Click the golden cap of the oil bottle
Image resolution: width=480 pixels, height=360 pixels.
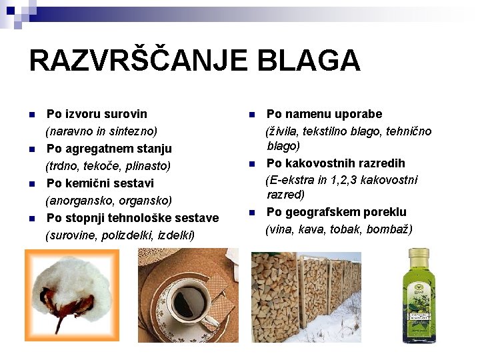point(420,255)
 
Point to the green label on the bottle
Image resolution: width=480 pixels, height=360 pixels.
point(420,311)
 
